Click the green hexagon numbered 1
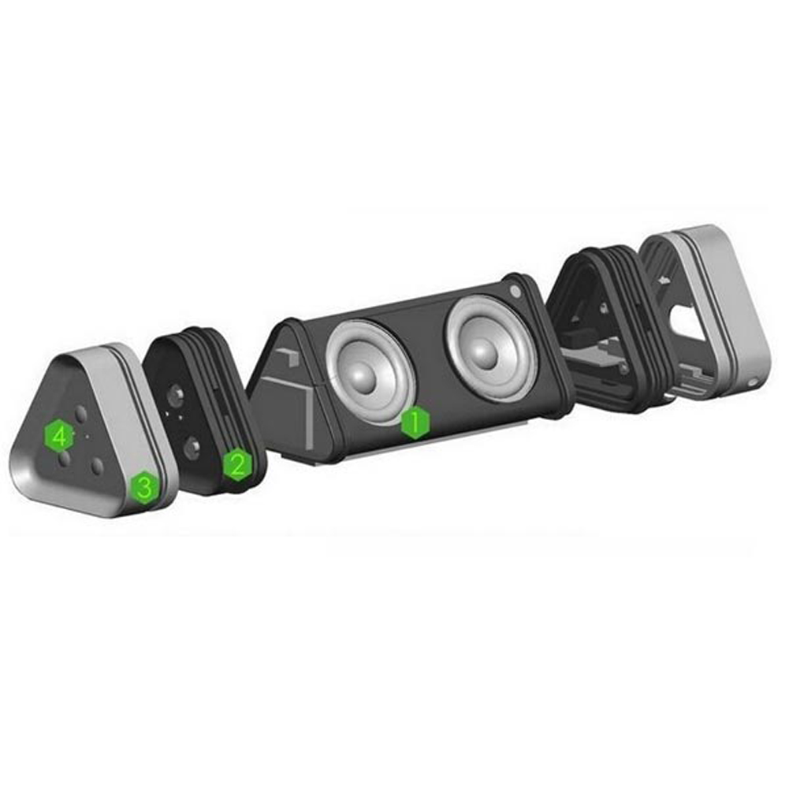point(415,422)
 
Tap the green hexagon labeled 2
point(238,465)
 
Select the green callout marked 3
point(145,488)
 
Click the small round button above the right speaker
point(515,291)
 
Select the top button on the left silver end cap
point(80,414)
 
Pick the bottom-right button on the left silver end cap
point(97,467)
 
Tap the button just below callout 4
point(64,459)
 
